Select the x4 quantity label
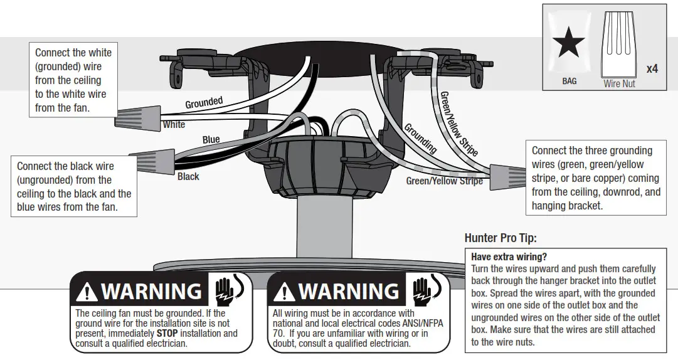(x=652, y=68)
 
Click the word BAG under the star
(x=569, y=81)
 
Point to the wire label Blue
(x=211, y=139)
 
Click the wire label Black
(x=188, y=176)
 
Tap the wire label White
(x=174, y=124)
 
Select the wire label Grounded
(x=204, y=102)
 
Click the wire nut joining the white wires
(x=137, y=117)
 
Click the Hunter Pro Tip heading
(x=501, y=238)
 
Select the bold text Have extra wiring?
(x=508, y=257)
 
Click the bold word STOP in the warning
(x=169, y=334)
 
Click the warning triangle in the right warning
(x=284, y=292)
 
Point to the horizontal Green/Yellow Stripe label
(x=444, y=181)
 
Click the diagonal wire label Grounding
(x=420, y=139)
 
